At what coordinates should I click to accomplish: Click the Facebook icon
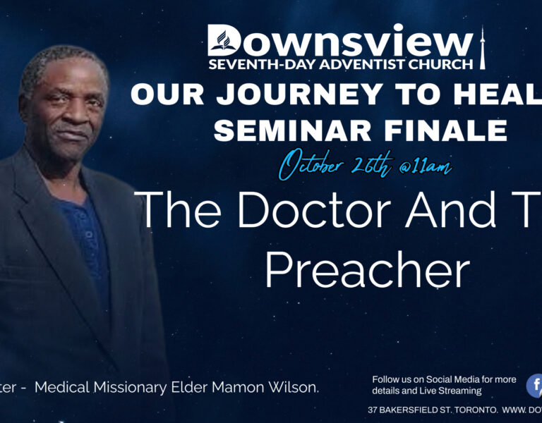(535, 385)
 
